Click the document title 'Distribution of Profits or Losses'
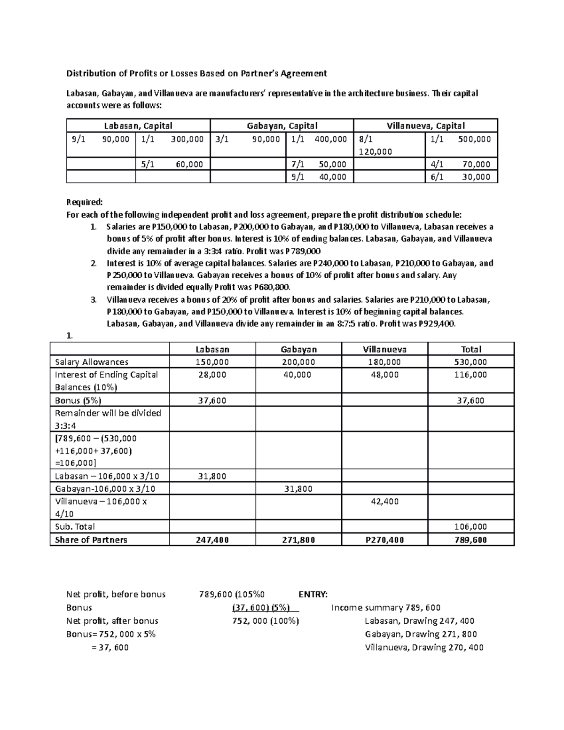[x=196, y=73]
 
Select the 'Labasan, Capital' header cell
[x=138, y=126]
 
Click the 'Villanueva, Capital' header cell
[x=425, y=126]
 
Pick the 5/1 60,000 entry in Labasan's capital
[x=172, y=164]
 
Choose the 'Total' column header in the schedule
[x=471, y=349]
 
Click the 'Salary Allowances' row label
[x=92, y=362]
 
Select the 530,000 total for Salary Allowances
[x=471, y=362]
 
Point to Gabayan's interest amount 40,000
[x=298, y=375]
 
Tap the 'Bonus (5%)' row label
[x=78, y=400]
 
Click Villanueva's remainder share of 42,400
[x=384, y=502]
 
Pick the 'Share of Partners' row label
[x=91, y=540]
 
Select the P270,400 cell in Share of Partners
[x=384, y=540]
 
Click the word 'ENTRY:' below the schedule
[x=313, y=594]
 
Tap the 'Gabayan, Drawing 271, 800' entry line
[x=421, y=634]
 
